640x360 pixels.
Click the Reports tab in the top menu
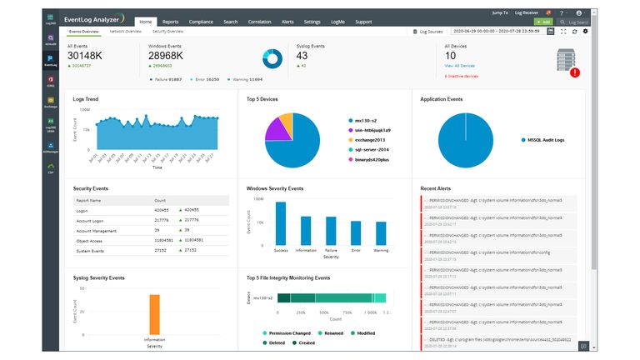[170, 22]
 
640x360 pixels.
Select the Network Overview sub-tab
[126, 31]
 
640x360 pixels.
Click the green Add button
[544, 22]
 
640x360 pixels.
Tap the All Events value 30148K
[85, 55]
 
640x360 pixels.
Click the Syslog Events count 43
[302, 55]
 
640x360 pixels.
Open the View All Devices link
[461, 65]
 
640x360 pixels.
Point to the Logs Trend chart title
[86, 99]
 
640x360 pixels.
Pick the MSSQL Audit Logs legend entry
[544, 140]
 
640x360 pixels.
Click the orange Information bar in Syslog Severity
[154, 314]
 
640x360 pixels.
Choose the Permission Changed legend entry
[287, 333]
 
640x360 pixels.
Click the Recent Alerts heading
[436, 188]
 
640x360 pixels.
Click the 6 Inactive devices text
[462, 76]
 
